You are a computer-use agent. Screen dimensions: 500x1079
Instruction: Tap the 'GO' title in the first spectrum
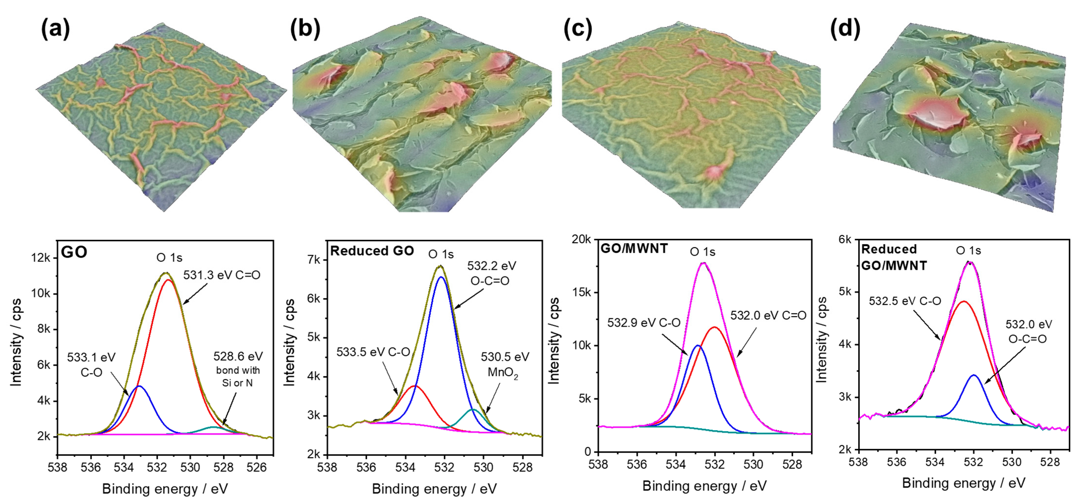[74, 252]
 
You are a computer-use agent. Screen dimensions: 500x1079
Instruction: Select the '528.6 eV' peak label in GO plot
[238, 356]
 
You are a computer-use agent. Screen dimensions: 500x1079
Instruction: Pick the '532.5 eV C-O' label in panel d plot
[905, 301]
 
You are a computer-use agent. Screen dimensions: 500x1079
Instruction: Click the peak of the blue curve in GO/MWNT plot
[697, 345]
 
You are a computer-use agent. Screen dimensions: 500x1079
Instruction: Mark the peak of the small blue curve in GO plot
[140, 386]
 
